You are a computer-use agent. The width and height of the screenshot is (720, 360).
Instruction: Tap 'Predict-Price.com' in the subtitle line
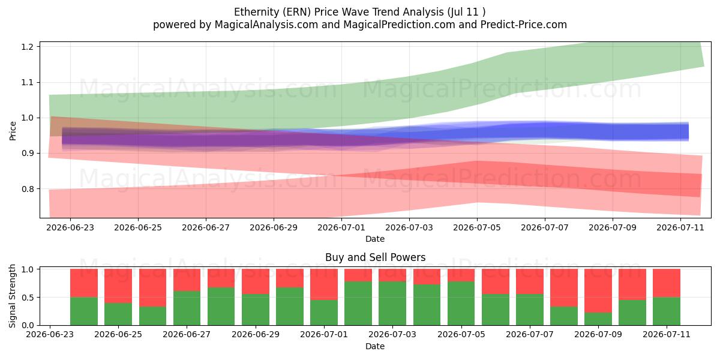[x=523, y=25]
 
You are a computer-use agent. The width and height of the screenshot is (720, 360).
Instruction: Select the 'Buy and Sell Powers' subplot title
[x=375, y=257]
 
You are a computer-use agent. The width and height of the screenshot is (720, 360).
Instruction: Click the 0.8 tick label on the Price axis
[x=28, y=189]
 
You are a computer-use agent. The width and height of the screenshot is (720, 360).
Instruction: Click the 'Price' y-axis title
[x=13, y=131]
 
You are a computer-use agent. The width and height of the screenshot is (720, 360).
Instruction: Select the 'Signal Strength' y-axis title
[x=12, y=296]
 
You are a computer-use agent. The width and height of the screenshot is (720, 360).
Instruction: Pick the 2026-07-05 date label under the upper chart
[x=476, y=227]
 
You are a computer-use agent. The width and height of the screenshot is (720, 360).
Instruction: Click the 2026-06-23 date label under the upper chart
[x=70, y=227]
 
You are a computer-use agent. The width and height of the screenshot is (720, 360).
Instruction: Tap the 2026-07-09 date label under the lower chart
[x=598, y=334]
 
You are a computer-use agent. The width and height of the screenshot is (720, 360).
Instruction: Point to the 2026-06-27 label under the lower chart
[x=187, y=334]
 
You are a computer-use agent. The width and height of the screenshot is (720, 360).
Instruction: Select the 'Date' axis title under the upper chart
[x=375, y=239]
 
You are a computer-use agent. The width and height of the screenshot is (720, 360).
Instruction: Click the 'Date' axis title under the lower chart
[x=375, y=346]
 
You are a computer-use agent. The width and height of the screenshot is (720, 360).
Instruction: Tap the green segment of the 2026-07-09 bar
[x=598, y=319]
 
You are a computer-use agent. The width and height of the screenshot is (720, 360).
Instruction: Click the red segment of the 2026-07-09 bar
[x=598, y=290]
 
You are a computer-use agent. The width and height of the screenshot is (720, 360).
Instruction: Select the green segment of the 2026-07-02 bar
[x=358, y=304]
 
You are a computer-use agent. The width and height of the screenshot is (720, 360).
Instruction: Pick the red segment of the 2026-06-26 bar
[x=152, y=287]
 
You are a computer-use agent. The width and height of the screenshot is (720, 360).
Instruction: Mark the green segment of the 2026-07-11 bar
[x=667, y=311]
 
